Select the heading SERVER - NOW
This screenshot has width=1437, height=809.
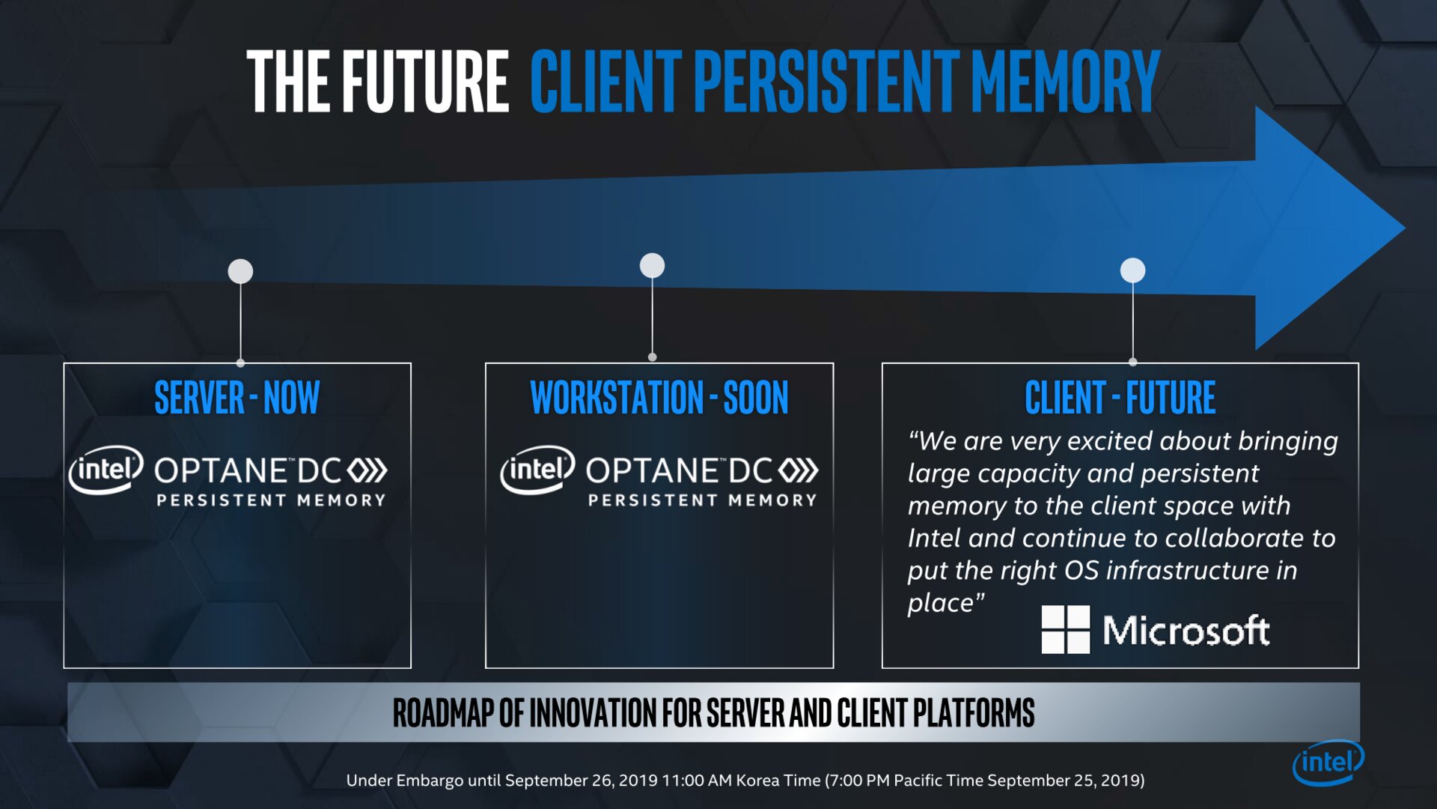[237, 397]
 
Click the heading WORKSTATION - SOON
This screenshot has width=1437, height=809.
[659, 397]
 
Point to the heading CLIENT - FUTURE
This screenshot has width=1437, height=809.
[1120, 397]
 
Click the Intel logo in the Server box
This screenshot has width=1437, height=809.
[106, 470]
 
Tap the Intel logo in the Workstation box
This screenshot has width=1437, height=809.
[537, 470]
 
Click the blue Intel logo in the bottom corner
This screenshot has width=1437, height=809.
[1328, 763]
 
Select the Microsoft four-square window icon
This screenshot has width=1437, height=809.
[1065, 629]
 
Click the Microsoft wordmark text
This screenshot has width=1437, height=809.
[1186, 631]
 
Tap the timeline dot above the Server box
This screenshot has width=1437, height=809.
[240, 271]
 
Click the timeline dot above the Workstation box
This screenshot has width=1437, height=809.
[652, 265]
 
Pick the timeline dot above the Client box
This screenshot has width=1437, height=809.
[1132, 270]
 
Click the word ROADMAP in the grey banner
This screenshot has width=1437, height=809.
[443, 712]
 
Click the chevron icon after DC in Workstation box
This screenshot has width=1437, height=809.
[798, 470]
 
